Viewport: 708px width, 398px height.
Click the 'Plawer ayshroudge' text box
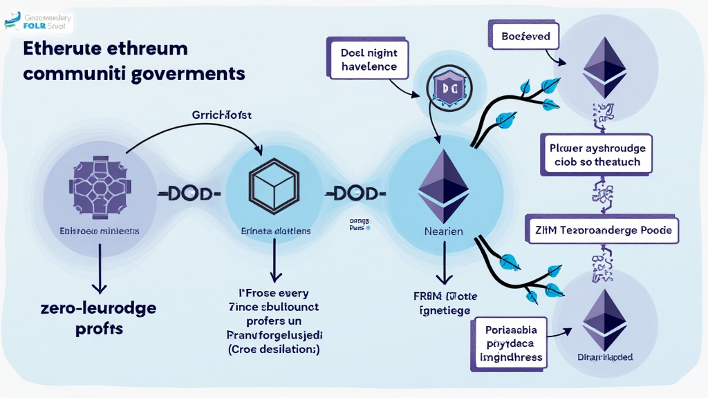(x=597, y=155)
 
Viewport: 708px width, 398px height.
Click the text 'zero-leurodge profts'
(x=99, y=318)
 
